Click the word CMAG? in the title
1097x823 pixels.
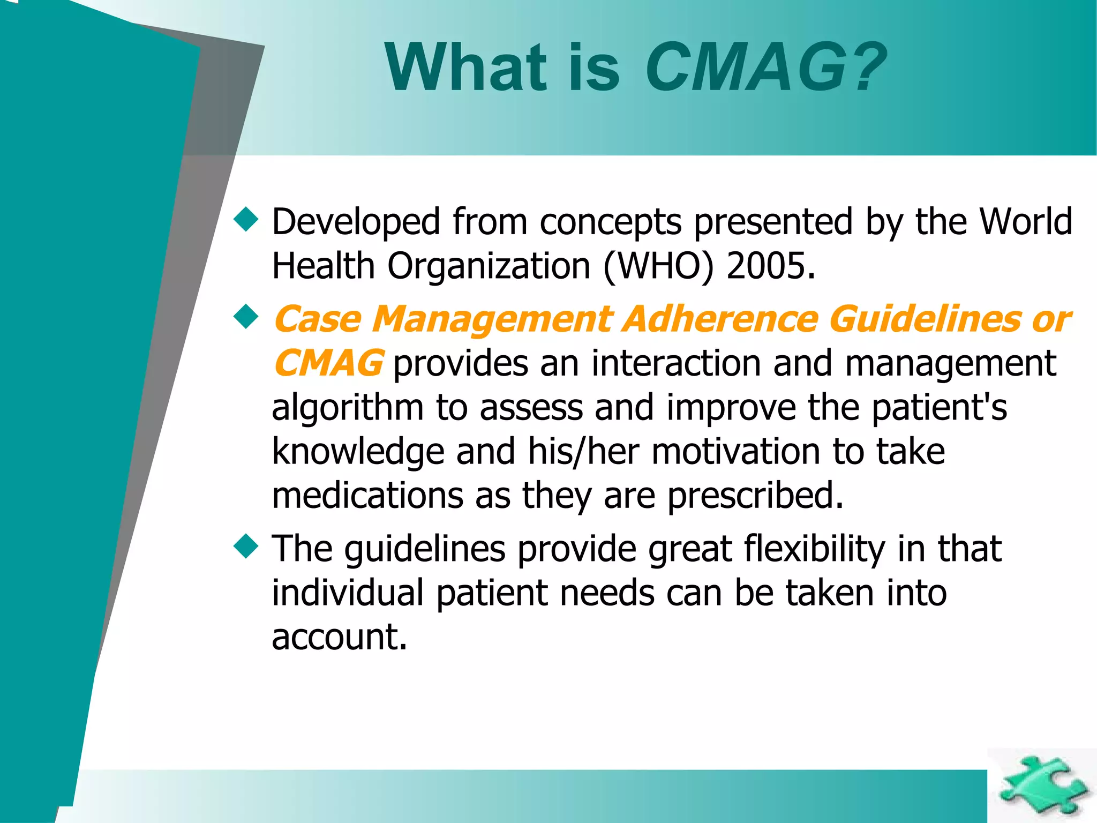point(766,69)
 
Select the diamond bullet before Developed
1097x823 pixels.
point(246,220)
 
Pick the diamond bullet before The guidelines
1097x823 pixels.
point(246,547)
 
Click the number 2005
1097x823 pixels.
point(770,266)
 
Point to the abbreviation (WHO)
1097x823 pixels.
point(658,267)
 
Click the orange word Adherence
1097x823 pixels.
point(721,319)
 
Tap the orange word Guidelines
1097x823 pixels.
point(926,319)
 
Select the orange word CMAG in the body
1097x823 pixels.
point(328,364)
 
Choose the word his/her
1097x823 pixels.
point(583,452)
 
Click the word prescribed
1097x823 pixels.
point(755,496)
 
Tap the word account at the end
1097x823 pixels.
point(339,638)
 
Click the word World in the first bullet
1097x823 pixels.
point(1026,221)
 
